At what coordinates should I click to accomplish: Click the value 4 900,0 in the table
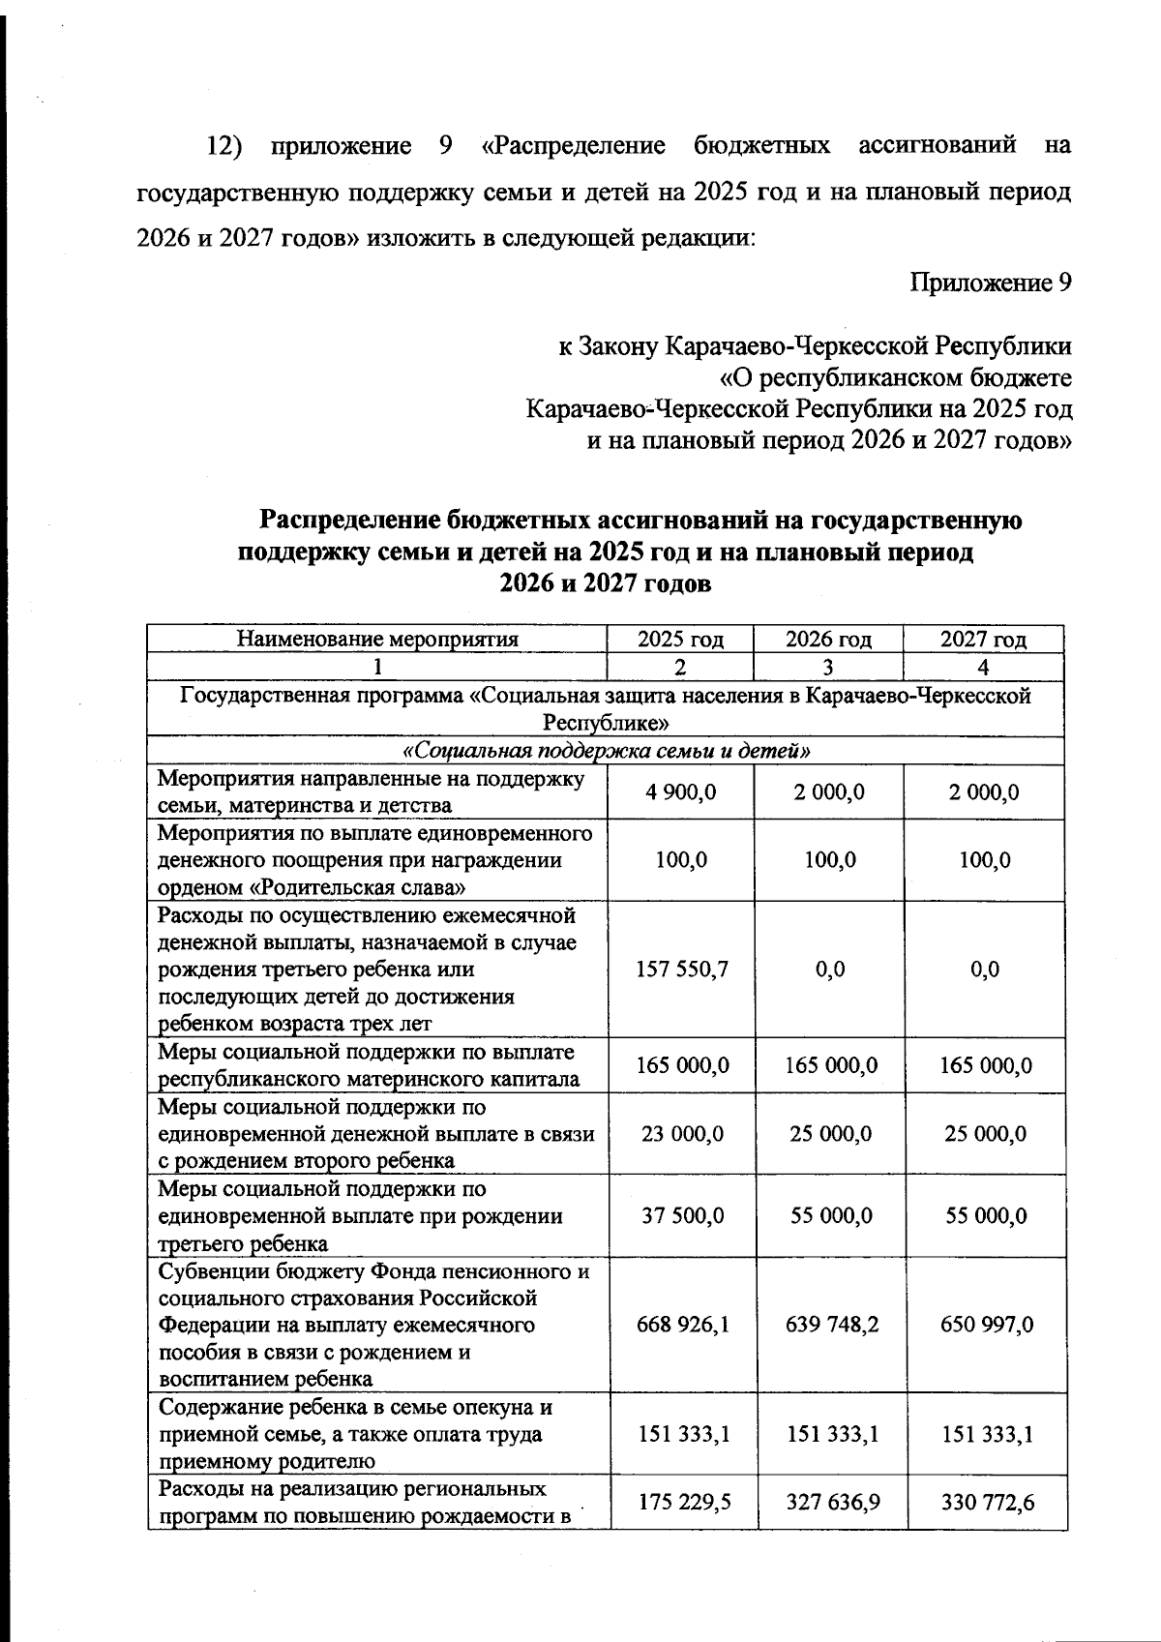click(681, 792)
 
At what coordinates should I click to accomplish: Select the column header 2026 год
click(828, 640)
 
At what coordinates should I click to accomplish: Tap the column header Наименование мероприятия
click(377, 640)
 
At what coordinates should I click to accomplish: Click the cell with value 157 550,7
click(681, 970)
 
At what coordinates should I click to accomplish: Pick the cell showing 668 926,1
click(681, 1324)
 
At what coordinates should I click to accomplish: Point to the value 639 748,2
click(832, 1324)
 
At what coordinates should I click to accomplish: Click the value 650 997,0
click(986, 1324)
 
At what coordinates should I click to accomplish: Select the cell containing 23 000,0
click(681, 1134)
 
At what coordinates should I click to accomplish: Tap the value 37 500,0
click(681, 1215)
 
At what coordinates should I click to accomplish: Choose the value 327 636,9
click(832, 1502)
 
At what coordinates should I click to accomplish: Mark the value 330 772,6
click(986, 1502)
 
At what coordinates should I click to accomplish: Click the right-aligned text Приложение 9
click(991, 283)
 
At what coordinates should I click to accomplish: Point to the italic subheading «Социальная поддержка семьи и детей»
click(606, 751)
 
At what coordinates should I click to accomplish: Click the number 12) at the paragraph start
click(223, 146)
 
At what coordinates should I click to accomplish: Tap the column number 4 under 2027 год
click(983, 667)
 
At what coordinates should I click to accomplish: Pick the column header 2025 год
click(680, 640)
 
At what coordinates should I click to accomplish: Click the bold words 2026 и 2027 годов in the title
click(606, 583)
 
